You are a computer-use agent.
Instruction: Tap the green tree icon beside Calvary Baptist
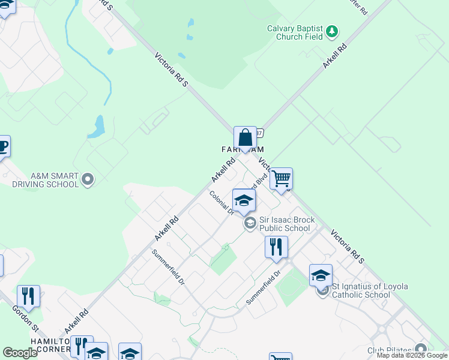click(x=332, y=31)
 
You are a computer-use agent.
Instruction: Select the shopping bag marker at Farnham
click(x=245, y=138)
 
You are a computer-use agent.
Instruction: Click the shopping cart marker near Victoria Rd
click(x=280, y=179)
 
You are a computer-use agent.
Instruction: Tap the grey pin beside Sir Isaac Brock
click(x=250, y=224)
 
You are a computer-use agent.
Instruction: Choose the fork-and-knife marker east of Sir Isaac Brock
click(x=276, y=247)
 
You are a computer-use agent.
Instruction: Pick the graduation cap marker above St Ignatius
click(x=321, y=276)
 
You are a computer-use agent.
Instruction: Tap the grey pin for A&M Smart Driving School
click(x=88, y=179)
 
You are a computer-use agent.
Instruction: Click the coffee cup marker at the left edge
click(x=3, y=146)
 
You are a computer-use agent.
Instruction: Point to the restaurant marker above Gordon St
click(x=28, y=296)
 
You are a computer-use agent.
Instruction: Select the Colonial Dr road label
click(x=220, y=202)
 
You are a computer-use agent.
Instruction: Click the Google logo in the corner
click(x=20, y=352)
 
